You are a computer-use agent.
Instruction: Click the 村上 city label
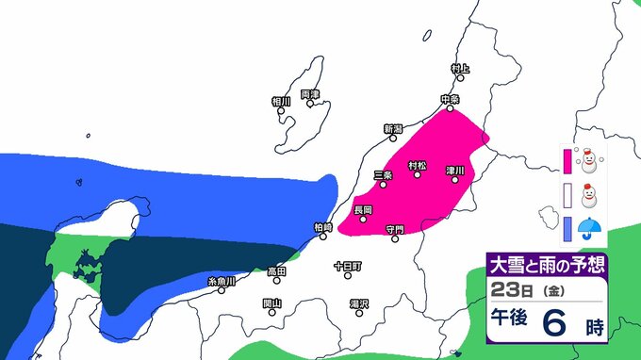(459, 69)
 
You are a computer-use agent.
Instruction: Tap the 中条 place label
(450, 98)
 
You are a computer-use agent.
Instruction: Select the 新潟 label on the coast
(393, 128)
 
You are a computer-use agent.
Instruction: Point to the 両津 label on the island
(310, 94)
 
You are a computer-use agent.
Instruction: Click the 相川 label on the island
(281, 101)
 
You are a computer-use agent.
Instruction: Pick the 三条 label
(383, 174)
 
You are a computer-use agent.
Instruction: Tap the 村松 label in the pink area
(417, 166)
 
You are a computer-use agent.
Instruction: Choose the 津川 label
(454, 167)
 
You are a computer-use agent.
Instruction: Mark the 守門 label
(394, 228)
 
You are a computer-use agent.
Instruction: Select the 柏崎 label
(322, 227)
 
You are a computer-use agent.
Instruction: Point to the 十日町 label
(347, 267)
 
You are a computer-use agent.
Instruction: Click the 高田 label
(276, 270)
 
